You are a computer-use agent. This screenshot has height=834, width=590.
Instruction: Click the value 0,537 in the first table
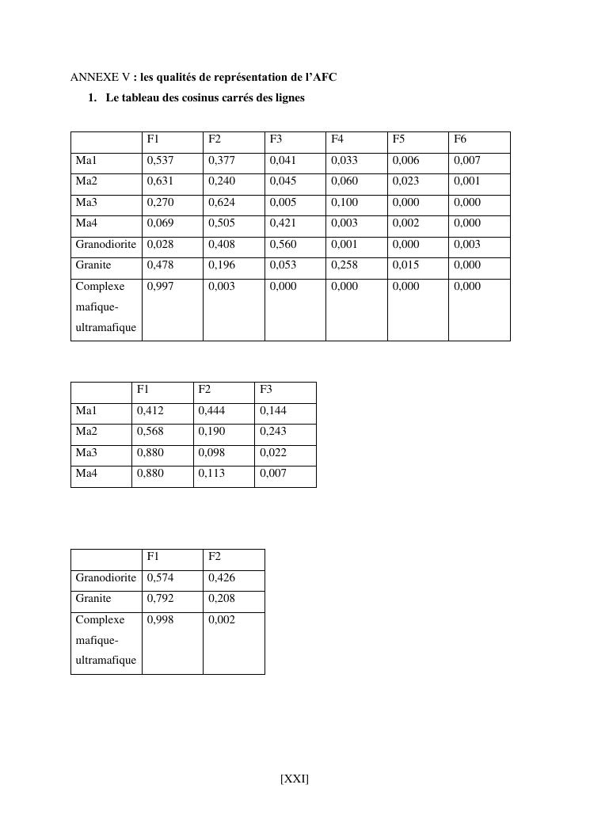point(160,161)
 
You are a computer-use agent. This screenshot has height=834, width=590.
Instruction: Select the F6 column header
point(460,139)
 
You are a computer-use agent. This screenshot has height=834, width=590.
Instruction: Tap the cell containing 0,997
point(160,287)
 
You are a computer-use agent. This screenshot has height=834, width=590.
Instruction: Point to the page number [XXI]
point(295,779)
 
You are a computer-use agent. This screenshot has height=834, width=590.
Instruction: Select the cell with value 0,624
point(222,203)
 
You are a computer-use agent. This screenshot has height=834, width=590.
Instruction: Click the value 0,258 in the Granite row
point(344,265)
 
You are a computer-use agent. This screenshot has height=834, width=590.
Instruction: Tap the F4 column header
point(337,139)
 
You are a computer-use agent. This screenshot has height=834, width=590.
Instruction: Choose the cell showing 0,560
point(283,245)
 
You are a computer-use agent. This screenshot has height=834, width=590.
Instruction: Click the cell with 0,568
point(150,432)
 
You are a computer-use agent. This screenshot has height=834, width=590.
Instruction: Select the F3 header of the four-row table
point(266,390)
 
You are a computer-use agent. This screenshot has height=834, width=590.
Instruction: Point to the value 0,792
point(160,599)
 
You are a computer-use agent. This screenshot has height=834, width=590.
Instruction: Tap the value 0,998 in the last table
point(160,620)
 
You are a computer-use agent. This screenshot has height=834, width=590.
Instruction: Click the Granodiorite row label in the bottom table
point(106,578)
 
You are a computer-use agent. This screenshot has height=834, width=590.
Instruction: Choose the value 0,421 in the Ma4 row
point(283,223)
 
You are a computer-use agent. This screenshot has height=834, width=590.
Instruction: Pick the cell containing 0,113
point(211,474)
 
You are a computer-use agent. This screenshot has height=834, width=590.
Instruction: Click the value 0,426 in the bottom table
point(222,578)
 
